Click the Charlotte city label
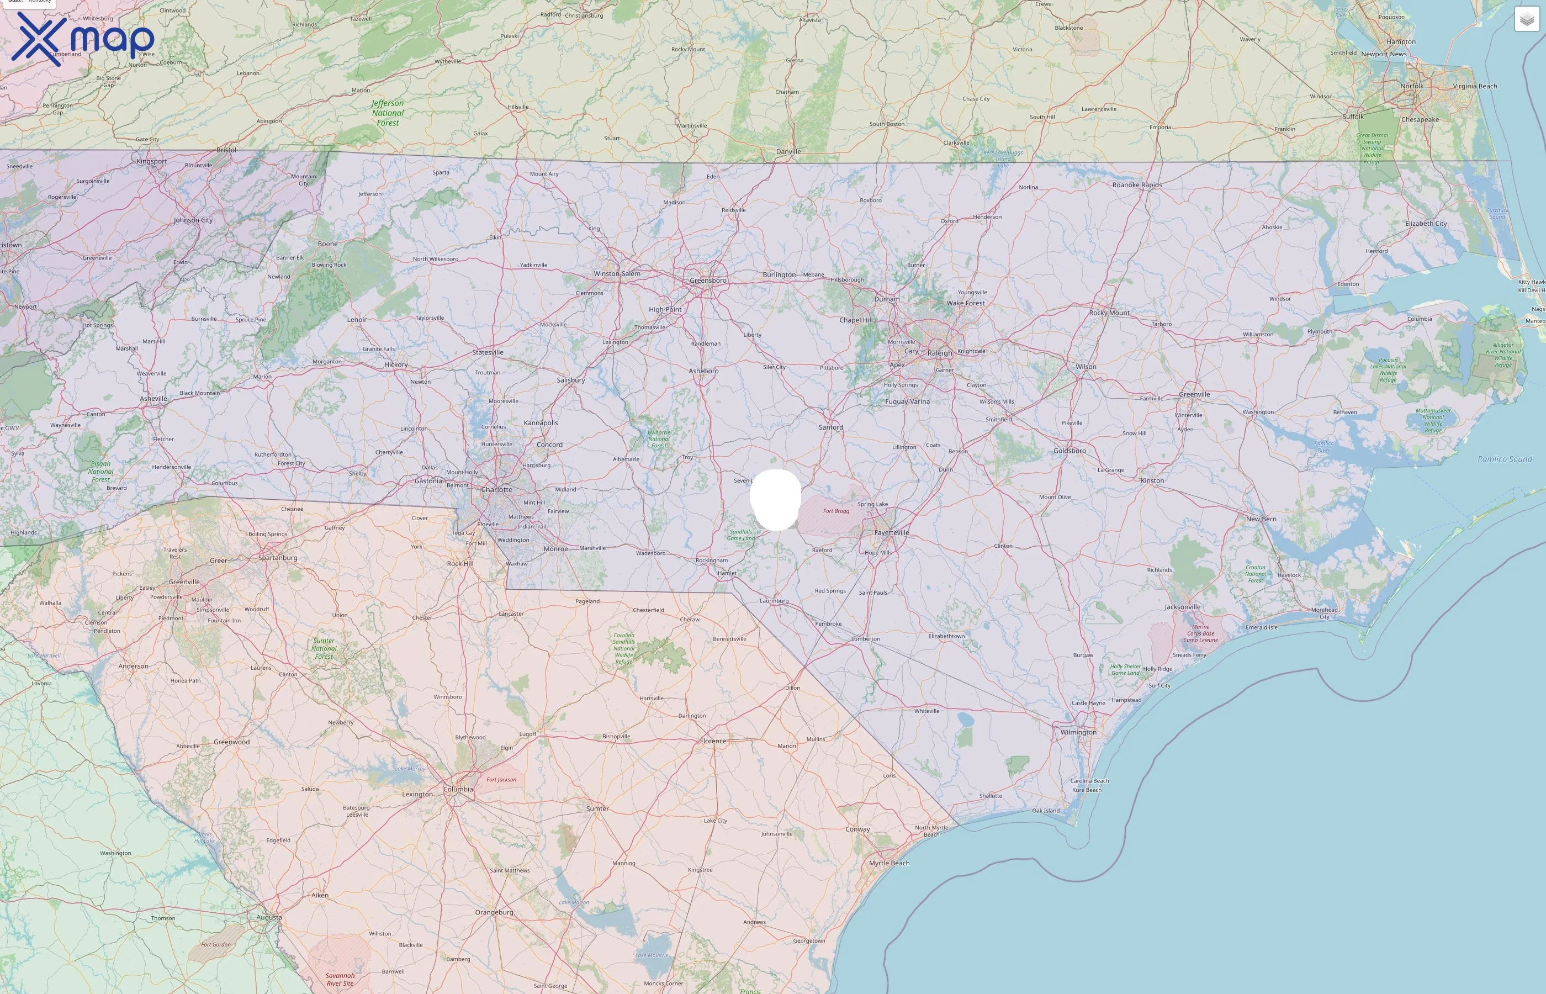click(497, 490)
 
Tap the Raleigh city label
click(940, 353)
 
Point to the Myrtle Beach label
click(889, 863)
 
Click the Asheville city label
click(153, 399)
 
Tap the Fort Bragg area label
click(836, 511)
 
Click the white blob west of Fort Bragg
click(776, 500)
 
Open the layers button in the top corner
click(1527, 19)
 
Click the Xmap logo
click(83, 39)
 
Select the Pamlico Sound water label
click(1505, 459)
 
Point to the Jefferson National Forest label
click(388, 113)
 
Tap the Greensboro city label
click(708, 281)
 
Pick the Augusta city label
click(269, 917)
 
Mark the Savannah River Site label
click(340, 980)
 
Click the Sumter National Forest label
click(324, 649)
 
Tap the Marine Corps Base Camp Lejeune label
click(1201, 633)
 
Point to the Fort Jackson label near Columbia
click(501, 780)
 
